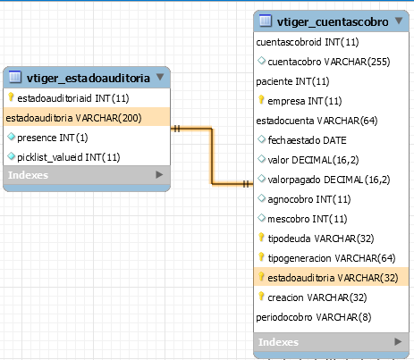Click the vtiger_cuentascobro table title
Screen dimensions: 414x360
click(x=333, y=22)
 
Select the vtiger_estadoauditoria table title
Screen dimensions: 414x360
click(x=89, y=78)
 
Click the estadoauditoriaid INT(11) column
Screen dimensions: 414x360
click(x=73, y=98)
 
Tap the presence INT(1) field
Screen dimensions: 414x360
click(x=53, y=138)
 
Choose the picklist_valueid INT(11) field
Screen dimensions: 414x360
click(x=69, y=157)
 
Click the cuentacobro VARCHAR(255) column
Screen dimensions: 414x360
click(x=329, y=62)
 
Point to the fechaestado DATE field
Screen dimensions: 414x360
click(x=307, y=140)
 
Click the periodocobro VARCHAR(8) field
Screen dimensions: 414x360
click(x=314, y=317)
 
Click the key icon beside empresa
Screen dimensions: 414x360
click(x=261, y=100)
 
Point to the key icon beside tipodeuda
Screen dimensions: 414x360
click(x=261, y=238)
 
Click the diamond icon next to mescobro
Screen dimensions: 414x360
click(x=261, y=218)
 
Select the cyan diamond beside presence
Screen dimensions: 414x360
click(x=11, y=137)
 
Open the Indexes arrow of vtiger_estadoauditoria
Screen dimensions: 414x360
click(x=159, y=175)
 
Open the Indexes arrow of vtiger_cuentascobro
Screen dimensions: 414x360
click(x=398, y=341)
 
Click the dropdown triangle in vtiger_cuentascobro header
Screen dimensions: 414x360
click(x=399, y=21)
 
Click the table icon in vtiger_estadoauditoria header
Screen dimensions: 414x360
click(x=15, y=77)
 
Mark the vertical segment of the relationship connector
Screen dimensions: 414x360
click(x=212, y=156)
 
